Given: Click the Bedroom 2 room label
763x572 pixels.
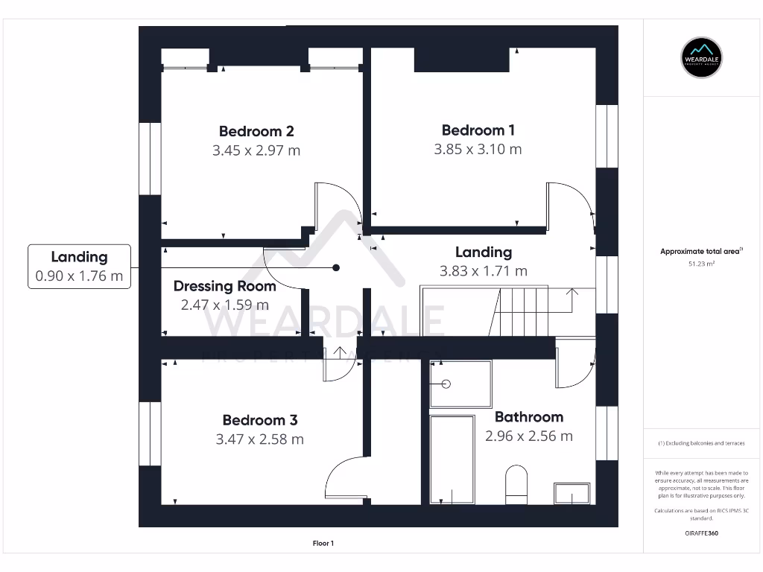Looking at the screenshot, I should [x=256, y=132].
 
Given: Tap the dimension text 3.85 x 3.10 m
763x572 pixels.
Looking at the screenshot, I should [x=478, y=149].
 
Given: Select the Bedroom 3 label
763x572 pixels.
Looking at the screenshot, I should [x=259, y=421].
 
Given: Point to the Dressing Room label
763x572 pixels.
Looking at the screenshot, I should [x=224, y=286].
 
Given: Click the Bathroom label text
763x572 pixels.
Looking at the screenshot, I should [x=528, y=417].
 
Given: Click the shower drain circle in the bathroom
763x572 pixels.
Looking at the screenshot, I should [x=446, y=384].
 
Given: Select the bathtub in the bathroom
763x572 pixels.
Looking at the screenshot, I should [x=452, y=460].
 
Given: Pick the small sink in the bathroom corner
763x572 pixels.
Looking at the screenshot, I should [x=571, y=493].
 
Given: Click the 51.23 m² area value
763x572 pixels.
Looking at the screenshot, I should [x=700, y=264].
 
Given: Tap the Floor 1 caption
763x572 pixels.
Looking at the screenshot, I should [x=323, y=544].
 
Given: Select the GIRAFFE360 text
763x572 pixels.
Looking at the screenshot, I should [x=700, y=533].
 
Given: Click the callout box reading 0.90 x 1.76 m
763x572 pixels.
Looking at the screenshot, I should [x=79, y=267].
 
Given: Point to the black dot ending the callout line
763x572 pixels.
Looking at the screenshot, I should [x=336, y=267].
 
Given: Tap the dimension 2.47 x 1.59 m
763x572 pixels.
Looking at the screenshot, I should [x=224, y=305].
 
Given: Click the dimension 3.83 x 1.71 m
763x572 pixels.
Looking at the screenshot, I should [x=483, y=271].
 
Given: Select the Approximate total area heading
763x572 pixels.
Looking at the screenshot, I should [x=700, y=252].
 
